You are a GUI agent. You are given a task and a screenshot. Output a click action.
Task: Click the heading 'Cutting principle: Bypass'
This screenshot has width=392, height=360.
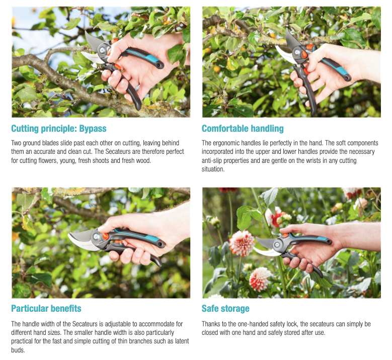[x=58, y=128]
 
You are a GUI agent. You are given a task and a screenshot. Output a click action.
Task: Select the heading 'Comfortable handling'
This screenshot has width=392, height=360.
[x=243, y=128]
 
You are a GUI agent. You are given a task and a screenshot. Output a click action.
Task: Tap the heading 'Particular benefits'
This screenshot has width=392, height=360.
[x=46, y=308]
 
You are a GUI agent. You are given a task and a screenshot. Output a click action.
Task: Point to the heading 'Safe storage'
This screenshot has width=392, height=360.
[x=225, y=308]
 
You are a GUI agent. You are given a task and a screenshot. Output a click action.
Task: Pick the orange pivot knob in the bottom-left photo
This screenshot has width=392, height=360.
[x=106, y=235]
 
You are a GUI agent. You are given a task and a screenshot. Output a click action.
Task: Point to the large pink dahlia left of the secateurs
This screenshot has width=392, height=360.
[x=242, y=243]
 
